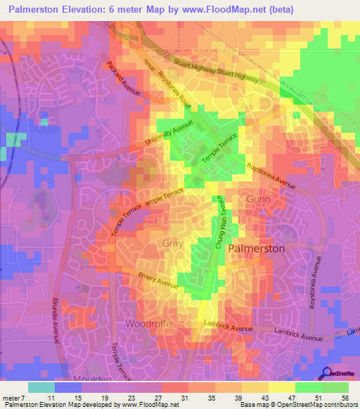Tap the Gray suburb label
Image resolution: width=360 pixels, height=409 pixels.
172,244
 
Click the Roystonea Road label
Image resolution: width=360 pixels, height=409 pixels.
174,90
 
